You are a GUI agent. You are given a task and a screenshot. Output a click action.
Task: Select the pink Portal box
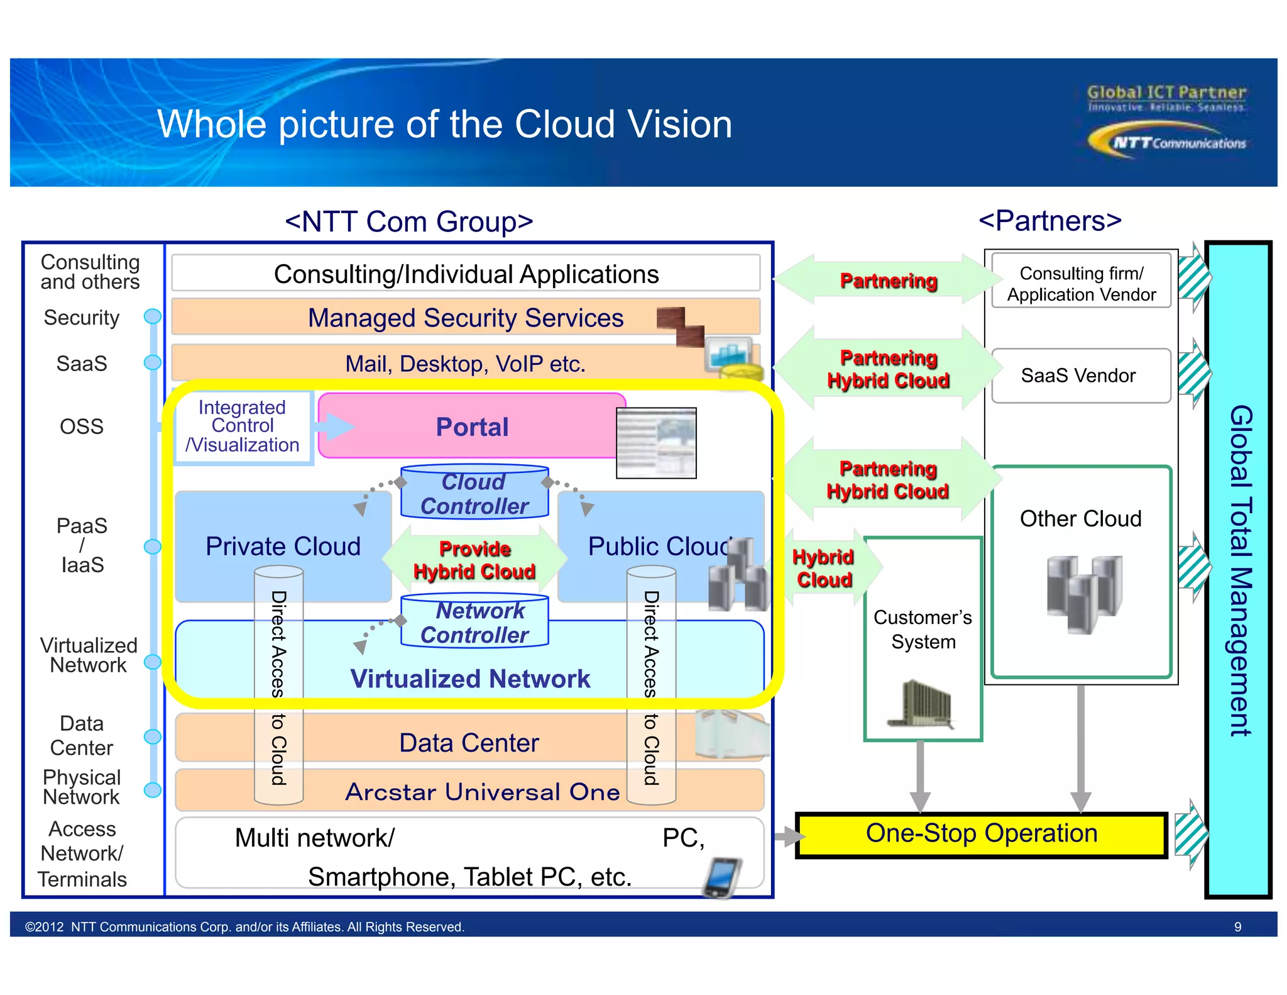point(471,426)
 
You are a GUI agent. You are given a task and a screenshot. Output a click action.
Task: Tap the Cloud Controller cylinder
point(474,493)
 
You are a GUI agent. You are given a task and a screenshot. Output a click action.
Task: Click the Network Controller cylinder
point(474,622)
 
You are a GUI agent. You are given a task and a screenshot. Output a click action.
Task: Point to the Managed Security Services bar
point(465,318)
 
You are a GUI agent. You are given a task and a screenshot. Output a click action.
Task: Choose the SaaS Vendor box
point(1080,375)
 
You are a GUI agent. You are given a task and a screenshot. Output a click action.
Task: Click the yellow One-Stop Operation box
point(981,834)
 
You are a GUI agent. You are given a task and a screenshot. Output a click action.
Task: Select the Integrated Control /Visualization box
point(243,426)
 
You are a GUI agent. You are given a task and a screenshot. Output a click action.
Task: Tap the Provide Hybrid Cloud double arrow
point(474,560)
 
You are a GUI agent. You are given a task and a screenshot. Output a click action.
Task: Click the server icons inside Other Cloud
point(1084,592)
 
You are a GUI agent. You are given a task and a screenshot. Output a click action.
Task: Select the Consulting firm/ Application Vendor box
point(1081,283)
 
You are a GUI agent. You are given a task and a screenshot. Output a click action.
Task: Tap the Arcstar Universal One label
point(483,792)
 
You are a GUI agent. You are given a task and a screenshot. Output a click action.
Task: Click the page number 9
point(1237,926)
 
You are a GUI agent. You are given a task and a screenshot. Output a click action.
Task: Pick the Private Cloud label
point(283,546)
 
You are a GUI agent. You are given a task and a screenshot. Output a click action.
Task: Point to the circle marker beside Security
point(153,316)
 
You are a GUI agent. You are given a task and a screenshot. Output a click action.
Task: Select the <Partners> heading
point(1049,221)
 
